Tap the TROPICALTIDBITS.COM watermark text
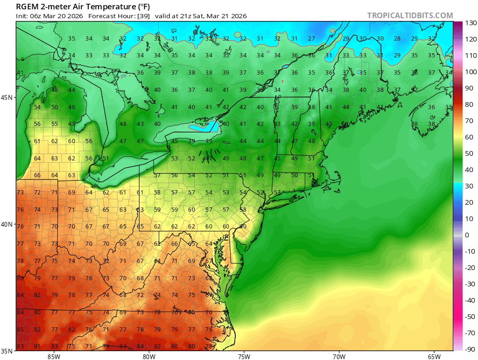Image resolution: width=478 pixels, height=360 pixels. click(410, 15)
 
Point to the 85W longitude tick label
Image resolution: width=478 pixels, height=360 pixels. click(54, 356)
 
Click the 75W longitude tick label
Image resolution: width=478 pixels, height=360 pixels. click(244, 356)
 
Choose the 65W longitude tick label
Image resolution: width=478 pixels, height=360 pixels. click(434, 356)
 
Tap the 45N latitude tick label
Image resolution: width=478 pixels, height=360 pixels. click(8, 97)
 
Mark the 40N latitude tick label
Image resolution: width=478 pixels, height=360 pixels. click(8, 224)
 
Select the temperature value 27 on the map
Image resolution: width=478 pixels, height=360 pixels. click(311, 39)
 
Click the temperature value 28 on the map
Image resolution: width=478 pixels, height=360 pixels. click(397, 39)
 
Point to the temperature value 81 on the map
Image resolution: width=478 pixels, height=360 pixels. click(37, 346)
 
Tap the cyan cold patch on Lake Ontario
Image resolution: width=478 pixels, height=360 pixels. click(205, 126)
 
